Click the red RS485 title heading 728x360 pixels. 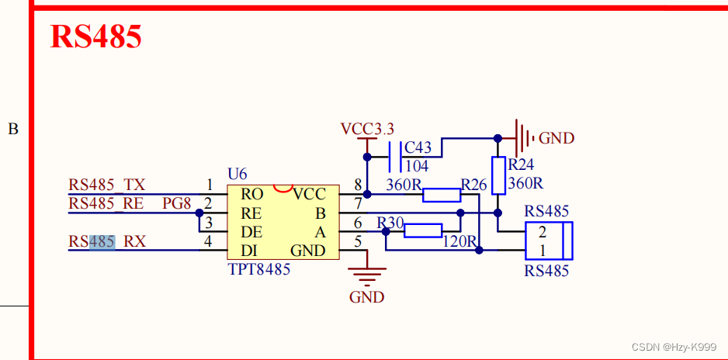(x=95, y=36)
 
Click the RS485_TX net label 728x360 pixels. (x=106, y=185)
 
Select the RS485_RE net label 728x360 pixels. (x=106, y=203)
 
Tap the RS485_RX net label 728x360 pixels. (x=106, y=242)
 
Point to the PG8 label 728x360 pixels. (x=176, y=203)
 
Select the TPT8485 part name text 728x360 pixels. (x=259, y=270)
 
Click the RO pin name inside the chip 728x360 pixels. (x=251, y=194)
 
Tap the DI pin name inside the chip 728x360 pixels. (x=248, y=251)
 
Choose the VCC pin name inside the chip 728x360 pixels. (x=309, y=194)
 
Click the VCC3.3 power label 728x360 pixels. (x=367, y=128)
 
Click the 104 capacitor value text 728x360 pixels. (x=416, y=166)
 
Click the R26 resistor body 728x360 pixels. (x=442, y=194)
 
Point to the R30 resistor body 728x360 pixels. (x=423, y=230)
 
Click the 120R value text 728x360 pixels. (x=459, y=241)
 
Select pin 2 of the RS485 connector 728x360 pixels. (x=542, y=231)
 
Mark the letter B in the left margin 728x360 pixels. (x=13, y=130)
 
